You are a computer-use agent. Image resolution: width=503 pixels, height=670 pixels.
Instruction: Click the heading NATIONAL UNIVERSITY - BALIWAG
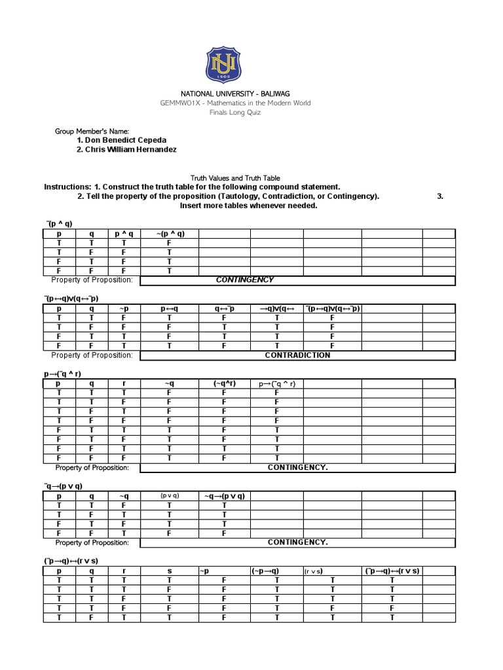[x=251, y=94]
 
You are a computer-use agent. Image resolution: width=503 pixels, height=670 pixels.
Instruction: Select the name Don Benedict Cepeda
[x=122, y=140]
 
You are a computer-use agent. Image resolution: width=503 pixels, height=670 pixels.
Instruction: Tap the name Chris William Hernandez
[x=126, y=150]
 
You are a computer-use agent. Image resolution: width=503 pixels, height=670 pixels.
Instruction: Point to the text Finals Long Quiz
[x=251, y=113]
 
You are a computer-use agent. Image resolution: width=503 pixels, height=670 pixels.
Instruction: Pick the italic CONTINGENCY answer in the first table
[x=245, y=280]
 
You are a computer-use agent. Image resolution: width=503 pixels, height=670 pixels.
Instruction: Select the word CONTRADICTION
[x=297, y=355]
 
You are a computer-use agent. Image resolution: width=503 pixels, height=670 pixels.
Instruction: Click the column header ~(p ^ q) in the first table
[x=169, y=234]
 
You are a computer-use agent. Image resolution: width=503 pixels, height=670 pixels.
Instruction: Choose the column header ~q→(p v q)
[x=225, y=496]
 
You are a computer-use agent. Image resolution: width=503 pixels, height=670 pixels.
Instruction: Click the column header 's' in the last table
[x=169, y=571]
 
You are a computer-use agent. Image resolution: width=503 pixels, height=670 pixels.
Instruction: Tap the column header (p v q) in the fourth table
[x=169, y=496]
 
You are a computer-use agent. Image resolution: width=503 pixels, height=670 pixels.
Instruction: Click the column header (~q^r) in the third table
[x=224, y=383]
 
